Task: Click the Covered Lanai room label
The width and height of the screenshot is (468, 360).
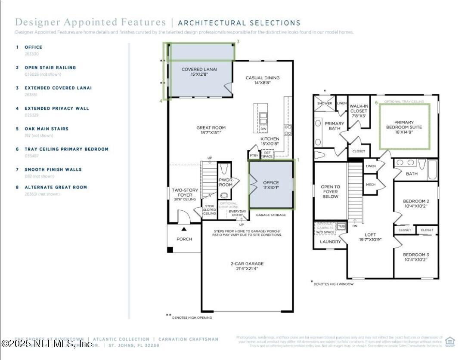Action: pos(199,69)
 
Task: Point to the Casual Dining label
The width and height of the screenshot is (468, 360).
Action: pos(262,78)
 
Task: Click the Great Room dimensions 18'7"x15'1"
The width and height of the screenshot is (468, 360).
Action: pos(211,133)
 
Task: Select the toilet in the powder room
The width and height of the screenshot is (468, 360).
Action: pos(223,168)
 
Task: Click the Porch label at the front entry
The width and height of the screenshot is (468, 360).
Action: pos(184,239)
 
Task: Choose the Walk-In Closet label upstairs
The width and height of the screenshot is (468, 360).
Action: pos(358,108)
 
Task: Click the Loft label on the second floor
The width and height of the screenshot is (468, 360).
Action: pos(370,235)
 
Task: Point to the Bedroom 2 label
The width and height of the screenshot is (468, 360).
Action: pos(415,201)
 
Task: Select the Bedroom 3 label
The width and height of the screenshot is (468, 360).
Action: pos(415,255)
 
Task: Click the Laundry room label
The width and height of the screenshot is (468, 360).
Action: pos(330,242)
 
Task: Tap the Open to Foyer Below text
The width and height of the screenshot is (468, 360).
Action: pos(330,192)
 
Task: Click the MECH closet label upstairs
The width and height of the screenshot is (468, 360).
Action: pos(370,185)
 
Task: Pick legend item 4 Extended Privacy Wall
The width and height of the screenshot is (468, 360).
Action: pos(56,108)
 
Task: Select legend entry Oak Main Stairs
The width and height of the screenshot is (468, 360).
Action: pos(46,129)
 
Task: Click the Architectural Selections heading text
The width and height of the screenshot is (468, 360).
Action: pos(239,23)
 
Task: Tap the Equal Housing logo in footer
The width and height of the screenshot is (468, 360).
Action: pos(450,341)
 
